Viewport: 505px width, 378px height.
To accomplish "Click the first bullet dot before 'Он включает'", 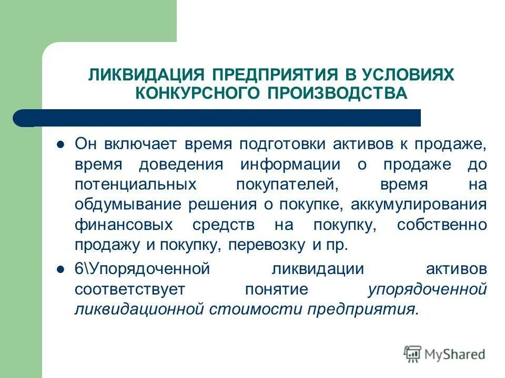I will [x=60, y=144].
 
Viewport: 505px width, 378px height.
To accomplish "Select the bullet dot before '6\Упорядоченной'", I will [x=60, y=269].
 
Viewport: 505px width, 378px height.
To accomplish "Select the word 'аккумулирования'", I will [x=422, y=204].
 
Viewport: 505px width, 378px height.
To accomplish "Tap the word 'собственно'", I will [x=442, y=224].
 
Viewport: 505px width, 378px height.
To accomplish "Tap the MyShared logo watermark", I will [x=445, y=354].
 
